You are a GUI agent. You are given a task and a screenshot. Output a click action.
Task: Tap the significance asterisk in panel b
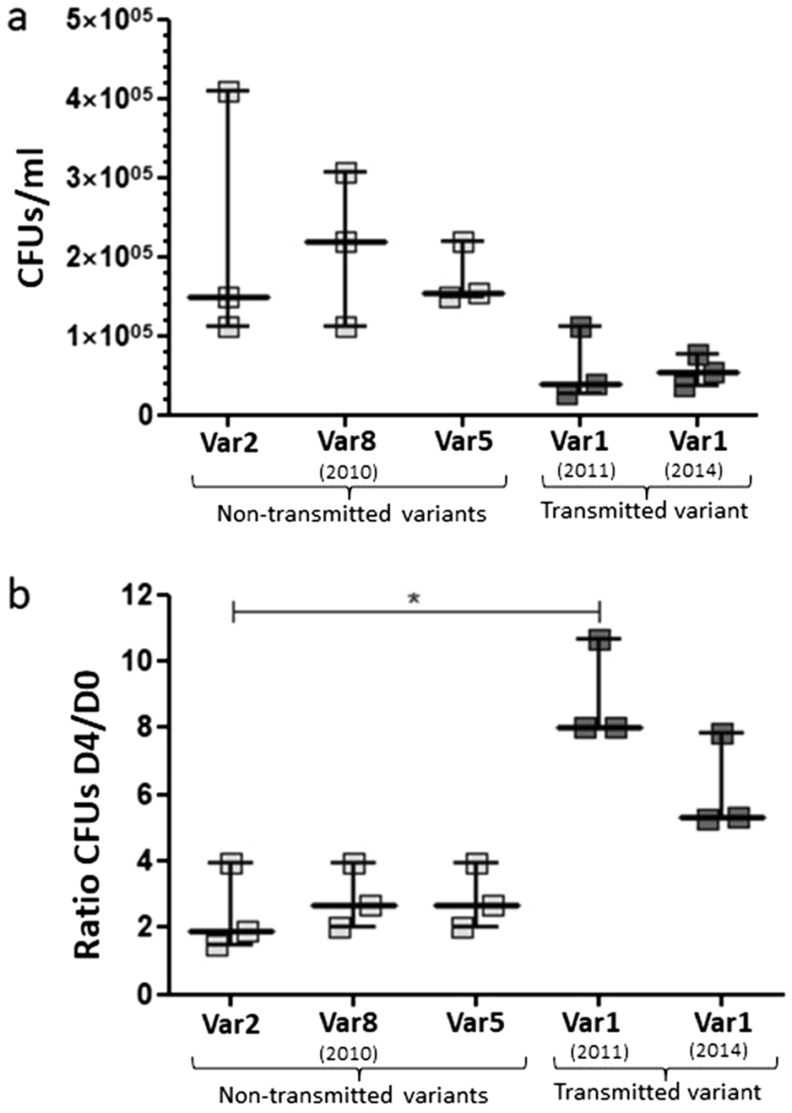(413, 599)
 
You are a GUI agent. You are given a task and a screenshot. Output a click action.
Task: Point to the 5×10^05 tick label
(115, 21)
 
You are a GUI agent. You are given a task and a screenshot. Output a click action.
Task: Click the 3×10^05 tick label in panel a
(115, 178)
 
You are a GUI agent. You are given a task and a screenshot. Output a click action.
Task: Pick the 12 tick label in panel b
(138, 595)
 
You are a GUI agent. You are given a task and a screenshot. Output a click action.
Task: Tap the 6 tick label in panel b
(147, 795)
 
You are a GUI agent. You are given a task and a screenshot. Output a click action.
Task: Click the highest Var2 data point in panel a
(229, 92)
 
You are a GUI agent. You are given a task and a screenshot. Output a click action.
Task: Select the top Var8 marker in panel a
(345, 173)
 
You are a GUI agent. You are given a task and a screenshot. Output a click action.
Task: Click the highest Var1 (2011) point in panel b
(599, 639)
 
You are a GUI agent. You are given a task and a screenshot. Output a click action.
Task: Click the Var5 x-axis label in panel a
(463, 441)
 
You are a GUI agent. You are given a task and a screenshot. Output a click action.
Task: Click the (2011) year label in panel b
(599, 1052)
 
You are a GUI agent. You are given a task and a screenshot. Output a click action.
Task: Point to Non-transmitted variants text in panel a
(351, 513)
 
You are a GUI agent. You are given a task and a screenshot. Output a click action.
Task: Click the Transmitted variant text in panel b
(657, 1091)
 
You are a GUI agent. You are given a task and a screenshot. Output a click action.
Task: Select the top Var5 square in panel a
(464, 242)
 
